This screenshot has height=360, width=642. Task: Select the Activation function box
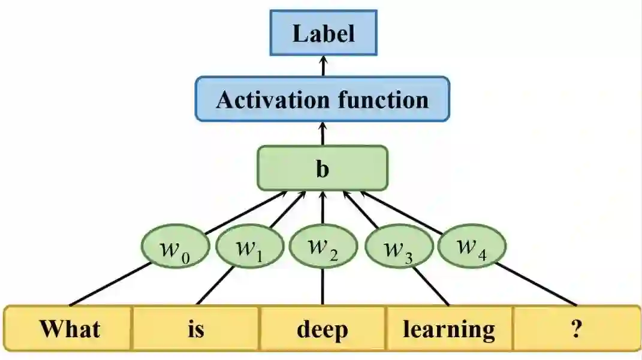[322, 99]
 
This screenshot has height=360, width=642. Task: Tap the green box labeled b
[322, 168]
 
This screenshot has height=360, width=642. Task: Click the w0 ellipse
[176, 248]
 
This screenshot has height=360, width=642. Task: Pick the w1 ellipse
[249, 248]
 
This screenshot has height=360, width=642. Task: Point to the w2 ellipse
[322, 248]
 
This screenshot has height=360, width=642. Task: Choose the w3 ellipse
[398, 248]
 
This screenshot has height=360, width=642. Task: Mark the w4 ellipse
[472, 246]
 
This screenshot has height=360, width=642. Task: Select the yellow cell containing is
[196, 328]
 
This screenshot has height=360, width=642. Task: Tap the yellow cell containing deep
[322, 328]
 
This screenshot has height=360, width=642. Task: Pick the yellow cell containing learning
[448, 328]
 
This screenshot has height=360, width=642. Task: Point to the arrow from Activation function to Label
[323, 66]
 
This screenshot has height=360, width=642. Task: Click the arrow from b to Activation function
[323, 133]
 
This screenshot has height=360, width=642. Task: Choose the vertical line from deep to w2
[323, 286]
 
